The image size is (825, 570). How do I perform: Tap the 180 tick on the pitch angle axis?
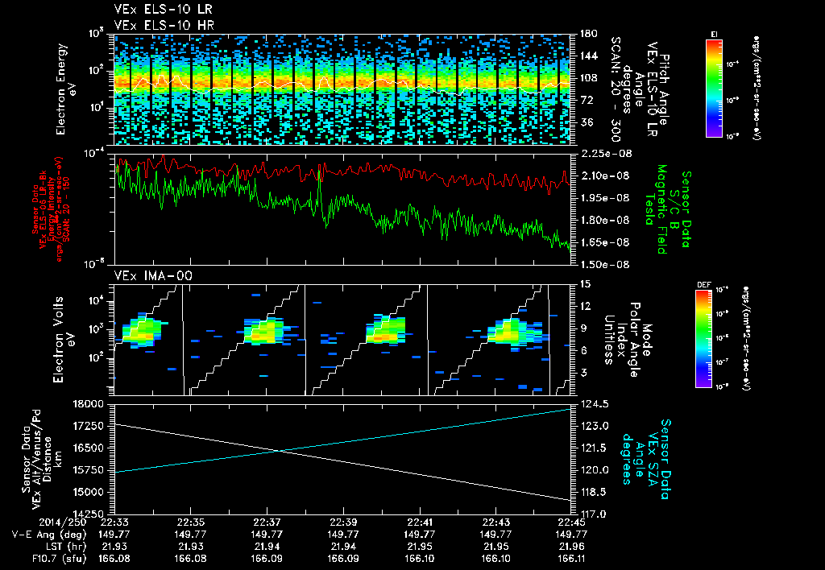coord(586,34)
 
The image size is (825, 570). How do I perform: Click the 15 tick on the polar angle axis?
coord(583,283)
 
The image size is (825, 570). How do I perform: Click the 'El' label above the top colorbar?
coord(714,33)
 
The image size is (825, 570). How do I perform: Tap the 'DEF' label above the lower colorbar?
coord(703,284)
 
